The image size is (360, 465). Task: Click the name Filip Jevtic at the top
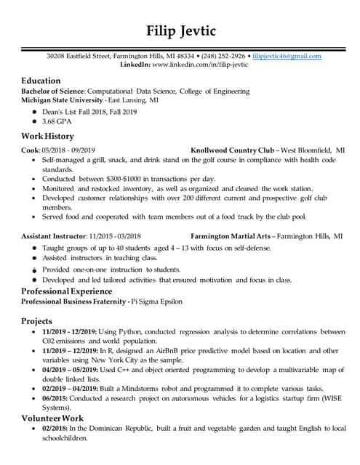click(x=180, y=31)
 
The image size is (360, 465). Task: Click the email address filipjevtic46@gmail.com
click(x=287, y=56)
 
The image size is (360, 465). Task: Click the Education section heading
click(x=41, y=81)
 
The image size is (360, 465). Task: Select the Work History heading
click(x=49, y=136)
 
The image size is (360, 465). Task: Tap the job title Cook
click(x=30, y=150)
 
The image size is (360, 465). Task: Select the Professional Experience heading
click(x=66, y=291)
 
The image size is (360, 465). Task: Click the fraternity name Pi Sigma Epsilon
click(x=157, y=301)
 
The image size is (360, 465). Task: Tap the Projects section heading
click(x=36, y=321)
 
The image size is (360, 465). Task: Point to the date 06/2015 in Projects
click(x=55, y=399)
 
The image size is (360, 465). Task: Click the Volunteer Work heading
click(x=52, y=418)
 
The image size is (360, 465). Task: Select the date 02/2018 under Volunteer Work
click(x=55, y=429)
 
